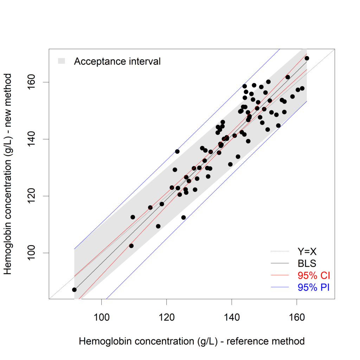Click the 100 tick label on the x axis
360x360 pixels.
click(x=102, y=312)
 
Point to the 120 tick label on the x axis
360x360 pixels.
click(x=167, y=312)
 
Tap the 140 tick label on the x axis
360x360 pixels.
click(x=232, y=312)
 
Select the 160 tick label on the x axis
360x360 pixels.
click(x=297, y=312)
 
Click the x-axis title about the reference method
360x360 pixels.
click(x=192, y=341)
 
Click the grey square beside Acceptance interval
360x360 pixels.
click(x=62, y=61)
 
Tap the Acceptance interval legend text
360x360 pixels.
click(x=117, y=61)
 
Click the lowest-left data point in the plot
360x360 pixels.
click(x=74, y=290)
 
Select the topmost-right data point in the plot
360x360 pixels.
click(x=307, y=58)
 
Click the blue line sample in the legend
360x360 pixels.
click(x=280, y=287)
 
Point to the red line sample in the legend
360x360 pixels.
click(x=280, y=275)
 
